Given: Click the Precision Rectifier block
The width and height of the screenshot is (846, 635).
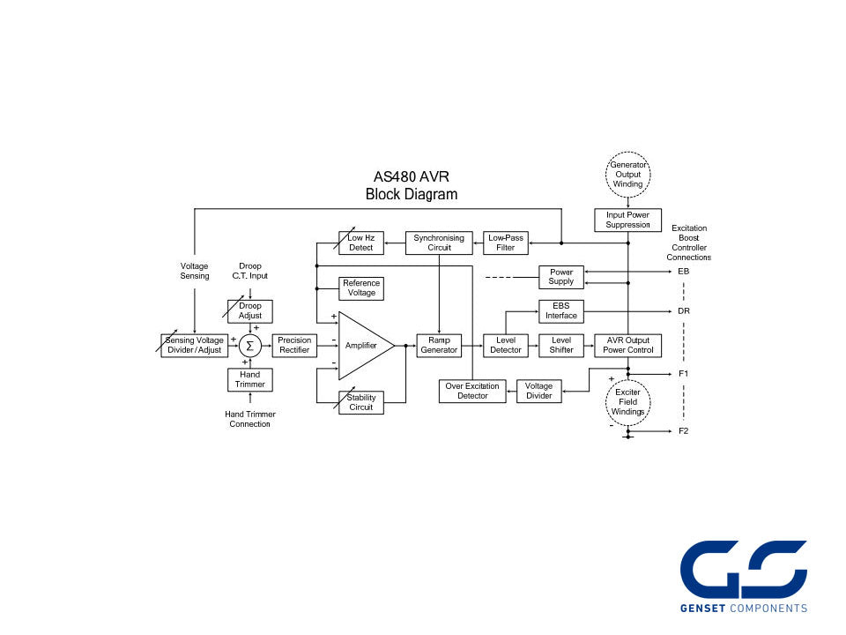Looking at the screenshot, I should (295, 345).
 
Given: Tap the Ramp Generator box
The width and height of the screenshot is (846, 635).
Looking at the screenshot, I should (439, 345).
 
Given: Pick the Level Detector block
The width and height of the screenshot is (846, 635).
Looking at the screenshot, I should (506, 345).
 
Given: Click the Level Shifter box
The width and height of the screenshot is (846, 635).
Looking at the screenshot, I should (561, 345).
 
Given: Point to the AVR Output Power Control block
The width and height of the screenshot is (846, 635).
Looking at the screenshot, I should (627, 345).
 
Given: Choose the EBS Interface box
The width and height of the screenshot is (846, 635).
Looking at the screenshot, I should (561, 310).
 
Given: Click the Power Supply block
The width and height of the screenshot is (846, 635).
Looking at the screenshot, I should (561, 277).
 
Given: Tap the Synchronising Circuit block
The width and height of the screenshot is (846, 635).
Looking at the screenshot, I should (439, 243).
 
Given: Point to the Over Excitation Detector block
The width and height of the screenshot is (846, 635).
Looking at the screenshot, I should (472, 391).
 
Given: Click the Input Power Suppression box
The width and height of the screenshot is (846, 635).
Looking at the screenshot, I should (627, 220).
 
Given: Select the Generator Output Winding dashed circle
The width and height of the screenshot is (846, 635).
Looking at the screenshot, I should (627, 175).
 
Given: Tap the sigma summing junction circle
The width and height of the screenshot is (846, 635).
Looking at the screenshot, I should (250, 346).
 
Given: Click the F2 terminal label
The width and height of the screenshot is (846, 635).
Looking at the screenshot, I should (684, 431).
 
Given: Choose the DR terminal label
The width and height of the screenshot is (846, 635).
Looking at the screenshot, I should (684, 311).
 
